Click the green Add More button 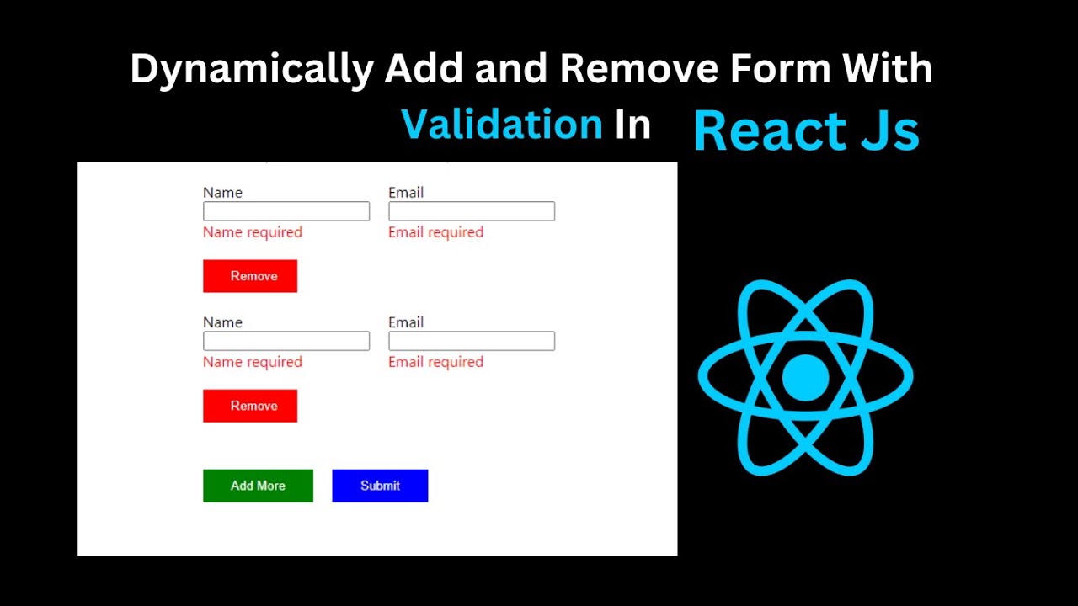click(258, 486)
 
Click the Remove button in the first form click(250, 276)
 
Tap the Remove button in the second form click(250, 406)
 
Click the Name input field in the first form click(286, 211)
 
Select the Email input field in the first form click(472, 211)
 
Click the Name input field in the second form click(286, 341)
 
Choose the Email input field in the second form click(472, 341)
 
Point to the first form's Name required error click(253, 232)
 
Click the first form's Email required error click(436, 232)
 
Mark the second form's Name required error click(253, 362)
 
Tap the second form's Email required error click(436, 362)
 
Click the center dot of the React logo click(806, 378)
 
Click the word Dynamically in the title click(252, 70)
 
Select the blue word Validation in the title click(502, 124)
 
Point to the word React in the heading click(770, 130)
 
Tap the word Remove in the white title click(639, 69)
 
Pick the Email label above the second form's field click(406, 322)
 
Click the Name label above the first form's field click(223, 193)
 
